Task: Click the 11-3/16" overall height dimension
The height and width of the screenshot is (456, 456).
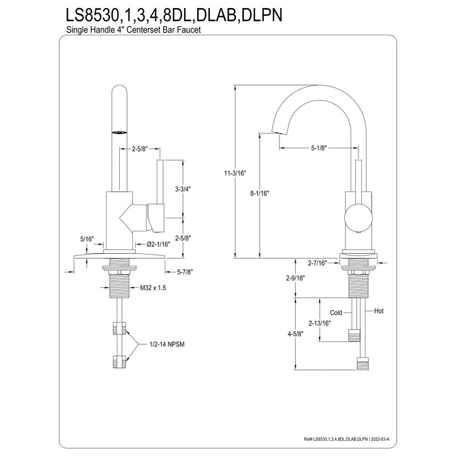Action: click(235, 173)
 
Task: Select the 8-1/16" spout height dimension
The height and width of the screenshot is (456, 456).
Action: click(260, 193)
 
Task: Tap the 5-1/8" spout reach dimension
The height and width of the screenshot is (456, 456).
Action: click(319, 148)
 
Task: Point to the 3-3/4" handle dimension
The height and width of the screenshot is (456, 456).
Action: click(183, 189)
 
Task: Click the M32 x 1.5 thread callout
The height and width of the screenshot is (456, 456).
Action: click(153, 288)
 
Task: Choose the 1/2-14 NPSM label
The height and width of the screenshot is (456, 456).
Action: click(167, 344)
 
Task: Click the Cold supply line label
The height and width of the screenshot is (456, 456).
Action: click(336, 313)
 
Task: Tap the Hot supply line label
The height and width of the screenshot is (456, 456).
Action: click(379, 311)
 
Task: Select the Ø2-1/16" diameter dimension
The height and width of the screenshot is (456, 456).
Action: click(158, 244)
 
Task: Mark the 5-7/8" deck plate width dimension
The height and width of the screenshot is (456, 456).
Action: click(185, 272)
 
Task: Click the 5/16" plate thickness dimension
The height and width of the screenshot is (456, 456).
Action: click(87, 239)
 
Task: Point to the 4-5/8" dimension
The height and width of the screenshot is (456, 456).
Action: click(295, 334)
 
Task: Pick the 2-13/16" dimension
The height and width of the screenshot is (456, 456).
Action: click(320, 323)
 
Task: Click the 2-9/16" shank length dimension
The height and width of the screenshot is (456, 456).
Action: click(295, 278)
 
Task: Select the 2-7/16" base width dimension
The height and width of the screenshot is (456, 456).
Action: click(317, 263)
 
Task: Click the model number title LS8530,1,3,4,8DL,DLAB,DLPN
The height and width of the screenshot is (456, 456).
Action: click(174, 15)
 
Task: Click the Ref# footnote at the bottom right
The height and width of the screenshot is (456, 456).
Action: click(347, 439)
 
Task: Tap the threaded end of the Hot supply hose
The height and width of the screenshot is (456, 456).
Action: click(363, 364)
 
